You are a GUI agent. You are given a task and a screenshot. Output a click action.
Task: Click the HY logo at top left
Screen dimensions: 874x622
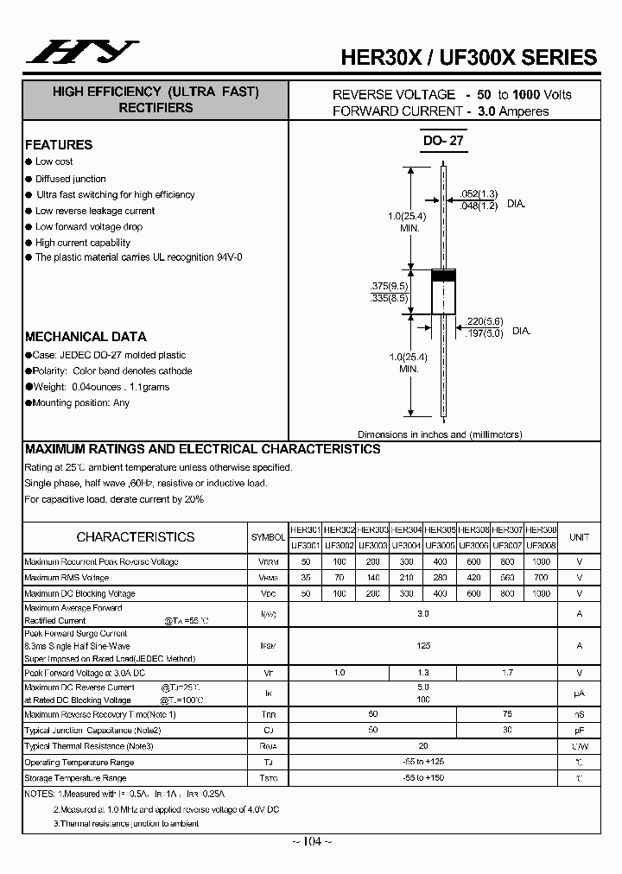(x=82, y=53)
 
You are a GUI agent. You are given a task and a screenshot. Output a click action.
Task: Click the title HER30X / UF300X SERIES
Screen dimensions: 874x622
(x=469, y=57)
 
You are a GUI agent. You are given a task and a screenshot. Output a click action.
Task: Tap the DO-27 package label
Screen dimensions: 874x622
(x=444, y=141)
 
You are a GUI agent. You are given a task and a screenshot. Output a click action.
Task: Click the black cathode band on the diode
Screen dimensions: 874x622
(x=443, y=275)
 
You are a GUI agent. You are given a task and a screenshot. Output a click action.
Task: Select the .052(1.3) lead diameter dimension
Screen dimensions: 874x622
(x=479, y=193)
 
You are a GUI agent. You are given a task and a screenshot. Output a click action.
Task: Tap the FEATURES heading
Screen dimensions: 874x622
(x=59, y=145)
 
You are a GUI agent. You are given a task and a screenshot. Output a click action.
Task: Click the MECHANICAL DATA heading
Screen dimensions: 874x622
(x=86, y=337)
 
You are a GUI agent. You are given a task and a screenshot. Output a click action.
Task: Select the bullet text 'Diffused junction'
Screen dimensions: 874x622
(x=71, y=179)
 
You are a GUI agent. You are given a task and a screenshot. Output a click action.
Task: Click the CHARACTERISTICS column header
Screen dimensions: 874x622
(x=136, y=536)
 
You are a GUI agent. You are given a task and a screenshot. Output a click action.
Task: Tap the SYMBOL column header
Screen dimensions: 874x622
(x=268, y=537)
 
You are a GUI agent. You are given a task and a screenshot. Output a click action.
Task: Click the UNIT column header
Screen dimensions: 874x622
(x=579, y=537)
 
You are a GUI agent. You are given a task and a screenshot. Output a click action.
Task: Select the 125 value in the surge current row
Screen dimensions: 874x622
(x=423, y=645)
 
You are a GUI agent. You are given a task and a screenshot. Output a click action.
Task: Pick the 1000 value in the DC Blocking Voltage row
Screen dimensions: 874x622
(x=541, y=593)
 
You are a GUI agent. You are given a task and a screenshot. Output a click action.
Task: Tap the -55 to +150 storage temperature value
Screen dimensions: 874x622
(x=422, y=778)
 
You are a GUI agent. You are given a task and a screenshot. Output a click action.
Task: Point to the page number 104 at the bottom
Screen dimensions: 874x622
(x=312, y=841)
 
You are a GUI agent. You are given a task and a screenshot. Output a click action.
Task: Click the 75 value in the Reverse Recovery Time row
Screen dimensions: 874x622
(x=507, y=714)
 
